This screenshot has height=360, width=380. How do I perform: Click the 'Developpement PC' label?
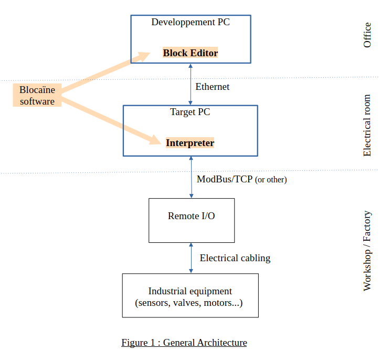point(190,22)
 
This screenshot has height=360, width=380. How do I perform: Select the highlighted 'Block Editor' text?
point(190,53)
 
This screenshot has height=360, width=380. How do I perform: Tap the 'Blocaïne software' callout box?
point(37,95)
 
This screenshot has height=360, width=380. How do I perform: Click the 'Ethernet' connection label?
point(212,87)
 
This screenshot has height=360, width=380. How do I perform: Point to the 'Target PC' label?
point(190,112)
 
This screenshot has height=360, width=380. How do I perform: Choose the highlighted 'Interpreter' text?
point(190,143)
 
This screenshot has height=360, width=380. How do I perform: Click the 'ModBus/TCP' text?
point(225,179)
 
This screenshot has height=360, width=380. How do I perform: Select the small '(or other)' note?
point(271,180)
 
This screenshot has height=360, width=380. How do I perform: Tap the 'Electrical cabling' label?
point(235,258)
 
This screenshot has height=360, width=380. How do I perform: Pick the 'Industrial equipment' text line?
point(190,291)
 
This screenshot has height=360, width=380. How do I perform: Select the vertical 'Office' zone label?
point(367,35)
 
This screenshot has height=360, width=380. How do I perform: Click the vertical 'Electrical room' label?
point(367,126)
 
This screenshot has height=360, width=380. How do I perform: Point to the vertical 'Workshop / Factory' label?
point(367,251)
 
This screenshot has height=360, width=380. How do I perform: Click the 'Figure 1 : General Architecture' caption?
point(184,343)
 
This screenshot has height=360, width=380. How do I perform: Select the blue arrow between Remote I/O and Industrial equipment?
point(191,258)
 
